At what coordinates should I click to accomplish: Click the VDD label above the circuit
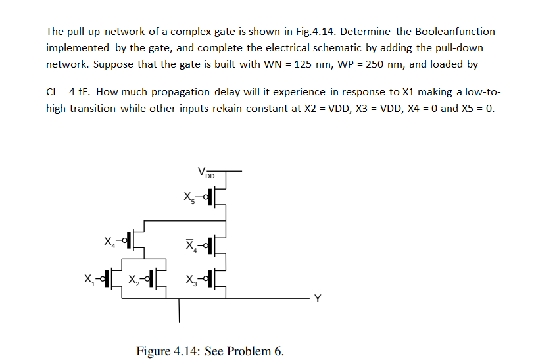pos(206,174)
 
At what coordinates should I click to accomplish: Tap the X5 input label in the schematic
pos(189,197)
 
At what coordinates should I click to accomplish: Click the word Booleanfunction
pos(454,32)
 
